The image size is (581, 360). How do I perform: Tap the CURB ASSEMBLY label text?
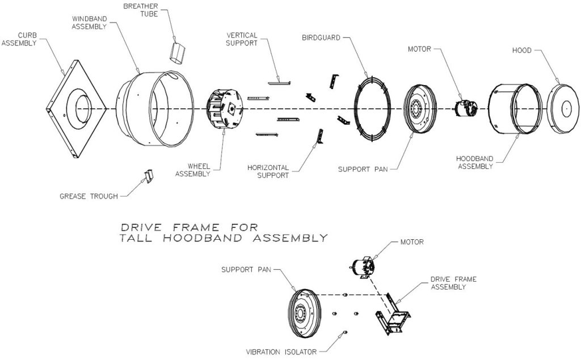tap(19, 39)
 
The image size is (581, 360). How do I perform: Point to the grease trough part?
tap(149, 176)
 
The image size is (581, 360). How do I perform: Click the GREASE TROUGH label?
tap(89, 196)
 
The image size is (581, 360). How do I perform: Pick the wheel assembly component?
tap(224, 109)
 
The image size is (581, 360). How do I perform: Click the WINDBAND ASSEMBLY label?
tap(89, 23)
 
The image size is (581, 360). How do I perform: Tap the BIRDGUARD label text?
tap(321, 38)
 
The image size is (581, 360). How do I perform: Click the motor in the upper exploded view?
tap(466, 108)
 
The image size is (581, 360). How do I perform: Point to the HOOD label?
tap(522, 50)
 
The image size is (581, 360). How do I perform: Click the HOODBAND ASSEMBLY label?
tap(475, 163)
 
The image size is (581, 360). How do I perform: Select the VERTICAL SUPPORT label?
tap(242, 39)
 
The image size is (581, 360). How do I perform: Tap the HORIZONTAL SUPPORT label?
tap(268, 171)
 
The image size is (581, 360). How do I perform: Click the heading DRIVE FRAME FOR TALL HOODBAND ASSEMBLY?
tap(224, 232)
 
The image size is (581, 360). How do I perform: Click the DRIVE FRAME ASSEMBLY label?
tap(453, 283)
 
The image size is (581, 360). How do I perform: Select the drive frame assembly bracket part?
tap(393, 314)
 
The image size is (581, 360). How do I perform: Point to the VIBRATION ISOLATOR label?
tap(281, 352)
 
